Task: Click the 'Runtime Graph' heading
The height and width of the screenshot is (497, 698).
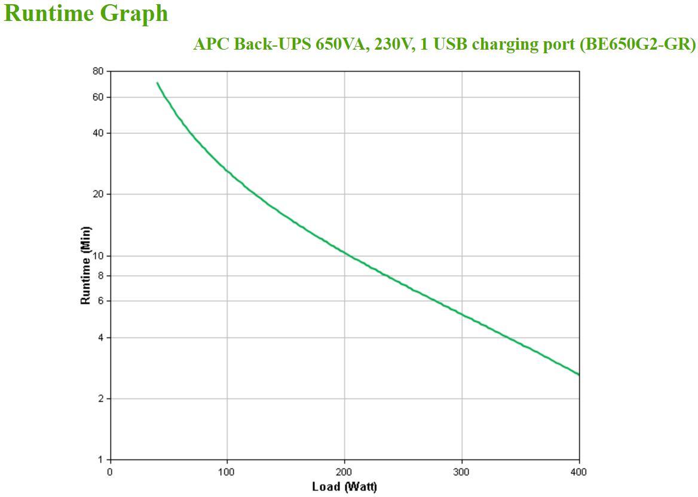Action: coord(87,13)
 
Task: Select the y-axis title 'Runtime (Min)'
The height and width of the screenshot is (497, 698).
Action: coord(86,265)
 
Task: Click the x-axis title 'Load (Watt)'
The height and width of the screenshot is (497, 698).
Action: coord(344,486)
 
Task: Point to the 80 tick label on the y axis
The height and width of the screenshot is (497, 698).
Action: coord(98,71)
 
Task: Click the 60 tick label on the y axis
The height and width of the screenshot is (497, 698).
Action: coord(98,97)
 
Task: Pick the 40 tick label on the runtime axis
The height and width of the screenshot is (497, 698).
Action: coord(98,133)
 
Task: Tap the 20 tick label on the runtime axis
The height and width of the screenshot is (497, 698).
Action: coord(98,194)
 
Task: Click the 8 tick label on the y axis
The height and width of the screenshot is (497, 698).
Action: coord(100,276)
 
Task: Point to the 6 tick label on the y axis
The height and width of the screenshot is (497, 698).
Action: coord(100,301)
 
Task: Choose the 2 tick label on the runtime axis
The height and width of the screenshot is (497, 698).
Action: coord(100,399)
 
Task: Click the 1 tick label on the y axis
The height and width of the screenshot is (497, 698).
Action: coord(100,460)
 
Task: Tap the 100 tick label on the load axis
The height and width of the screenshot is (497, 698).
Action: coord(227,472)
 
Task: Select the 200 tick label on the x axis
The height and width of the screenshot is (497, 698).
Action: coord(344,472)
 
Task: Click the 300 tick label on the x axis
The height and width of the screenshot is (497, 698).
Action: coord(462,472)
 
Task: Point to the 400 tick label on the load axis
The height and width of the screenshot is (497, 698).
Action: coord(579,472)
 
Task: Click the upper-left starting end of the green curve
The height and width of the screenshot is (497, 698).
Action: coord(157,83)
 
